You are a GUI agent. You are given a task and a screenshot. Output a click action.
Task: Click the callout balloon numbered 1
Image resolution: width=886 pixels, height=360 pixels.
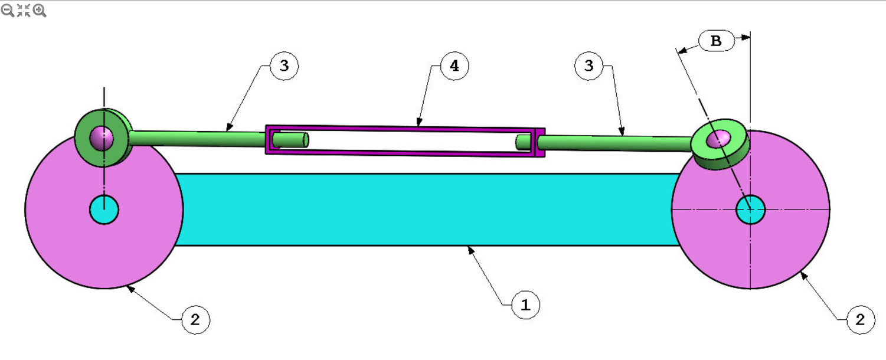(x=525, y=305)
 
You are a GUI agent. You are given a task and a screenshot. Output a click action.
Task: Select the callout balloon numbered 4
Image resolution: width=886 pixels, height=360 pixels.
(x=454, y=66)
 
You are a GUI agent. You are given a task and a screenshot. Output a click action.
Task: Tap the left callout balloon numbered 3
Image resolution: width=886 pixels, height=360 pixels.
(x=284, y=66)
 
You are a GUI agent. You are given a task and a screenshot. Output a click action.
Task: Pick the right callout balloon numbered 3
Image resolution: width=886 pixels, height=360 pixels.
(x=589, y=66)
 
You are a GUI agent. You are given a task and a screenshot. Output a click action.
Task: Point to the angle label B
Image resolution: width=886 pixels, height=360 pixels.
(x=716, y=41)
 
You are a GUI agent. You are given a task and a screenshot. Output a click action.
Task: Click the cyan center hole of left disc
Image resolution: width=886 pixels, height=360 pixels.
(x=104, y=209)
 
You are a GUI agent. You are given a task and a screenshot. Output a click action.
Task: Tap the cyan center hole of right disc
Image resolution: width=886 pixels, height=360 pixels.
(x=750, y=209)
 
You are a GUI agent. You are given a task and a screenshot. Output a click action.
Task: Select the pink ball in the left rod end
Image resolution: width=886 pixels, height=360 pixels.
(x=102, y=137)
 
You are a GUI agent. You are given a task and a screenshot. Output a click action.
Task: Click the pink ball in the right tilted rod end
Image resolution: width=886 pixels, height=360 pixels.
(x=719, y=140)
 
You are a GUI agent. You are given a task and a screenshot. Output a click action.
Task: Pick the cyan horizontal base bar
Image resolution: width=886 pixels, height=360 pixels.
(x=425, y=209)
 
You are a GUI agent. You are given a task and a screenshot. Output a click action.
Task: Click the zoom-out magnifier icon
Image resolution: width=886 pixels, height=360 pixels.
(x=8, y=10)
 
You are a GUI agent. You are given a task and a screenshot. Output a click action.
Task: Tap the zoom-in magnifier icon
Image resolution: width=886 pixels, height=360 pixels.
(x=40, y=10)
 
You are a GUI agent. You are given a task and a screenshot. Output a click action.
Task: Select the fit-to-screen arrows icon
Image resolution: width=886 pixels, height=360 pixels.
(x=24, y=10)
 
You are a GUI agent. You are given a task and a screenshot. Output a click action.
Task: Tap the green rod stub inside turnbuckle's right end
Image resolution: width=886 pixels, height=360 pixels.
(x=523, y=142)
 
